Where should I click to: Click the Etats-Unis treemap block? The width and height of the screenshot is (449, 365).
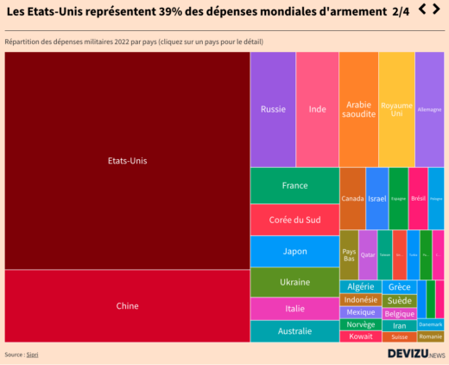click(x=127, y=161)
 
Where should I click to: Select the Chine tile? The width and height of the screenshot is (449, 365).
click(x=127, y=305)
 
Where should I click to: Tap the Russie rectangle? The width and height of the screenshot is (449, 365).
click(x=273, y=109)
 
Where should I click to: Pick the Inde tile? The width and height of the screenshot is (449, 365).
click(x=317, y=109)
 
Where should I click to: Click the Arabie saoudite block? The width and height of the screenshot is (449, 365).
click(x=358, y=109)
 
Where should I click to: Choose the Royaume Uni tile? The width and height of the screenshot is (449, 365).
click(x=396, y=109)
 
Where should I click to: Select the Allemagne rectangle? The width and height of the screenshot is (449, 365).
click(x=429, y=109)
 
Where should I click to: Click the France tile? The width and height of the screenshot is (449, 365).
click(x=294, y=185)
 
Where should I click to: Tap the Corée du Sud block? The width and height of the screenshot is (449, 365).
click(x=294, y=220)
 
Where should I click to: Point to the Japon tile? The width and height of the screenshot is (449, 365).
click(x=294, y=252)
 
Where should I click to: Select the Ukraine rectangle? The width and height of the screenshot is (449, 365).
click(x=294, y=283)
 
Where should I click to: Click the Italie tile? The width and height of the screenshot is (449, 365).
click(x=294, y=309)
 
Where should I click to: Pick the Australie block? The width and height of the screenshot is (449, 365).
click(x=294, y=331)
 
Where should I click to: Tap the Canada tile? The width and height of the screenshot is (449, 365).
click(x=352, y=198)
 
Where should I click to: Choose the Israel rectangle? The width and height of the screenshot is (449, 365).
click(x=376, y=198)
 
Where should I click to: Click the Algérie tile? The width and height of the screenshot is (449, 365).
click(x=360, y=286)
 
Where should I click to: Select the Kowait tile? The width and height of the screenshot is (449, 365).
click(x=360, y=336)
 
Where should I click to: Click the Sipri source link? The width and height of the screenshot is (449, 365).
click(x=32, y=355)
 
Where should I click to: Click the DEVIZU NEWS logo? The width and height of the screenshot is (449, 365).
click(x=415, y=354)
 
